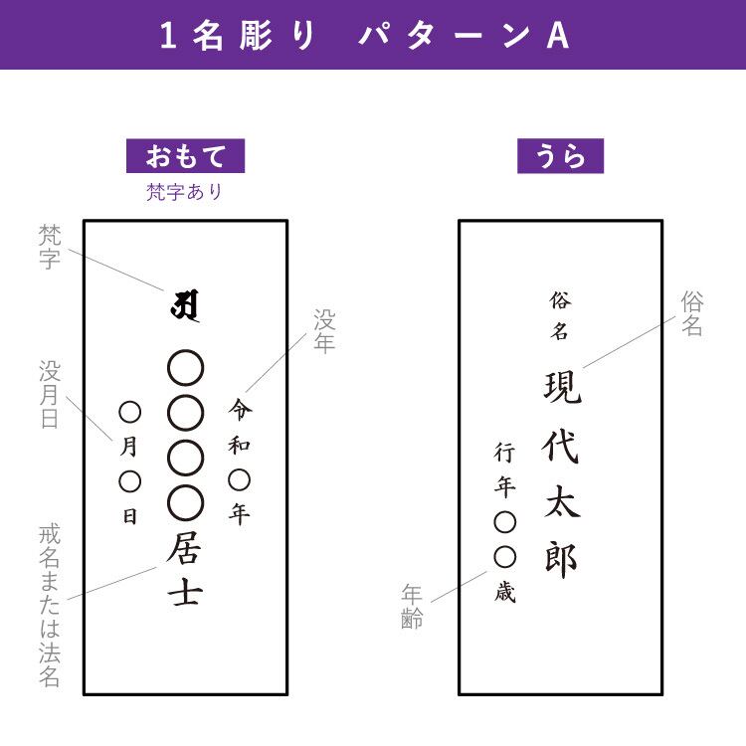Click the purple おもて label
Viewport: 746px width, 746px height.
185,156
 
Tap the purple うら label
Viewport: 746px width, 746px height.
560,156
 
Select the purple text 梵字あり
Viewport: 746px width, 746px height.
185,192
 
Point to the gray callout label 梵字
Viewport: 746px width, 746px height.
50,247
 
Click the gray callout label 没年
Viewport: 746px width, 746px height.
325,332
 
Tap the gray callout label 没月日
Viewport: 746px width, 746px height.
50,395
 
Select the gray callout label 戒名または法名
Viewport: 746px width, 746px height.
50,606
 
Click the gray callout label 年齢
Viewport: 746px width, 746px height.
413,606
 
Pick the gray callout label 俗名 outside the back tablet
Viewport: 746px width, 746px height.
692,313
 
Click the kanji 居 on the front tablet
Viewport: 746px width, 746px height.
185,548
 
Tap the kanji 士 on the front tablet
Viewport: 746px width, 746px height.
185,593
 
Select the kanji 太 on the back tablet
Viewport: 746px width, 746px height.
561,503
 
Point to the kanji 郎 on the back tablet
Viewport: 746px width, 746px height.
561,560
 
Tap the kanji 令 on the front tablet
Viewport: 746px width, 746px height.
240,409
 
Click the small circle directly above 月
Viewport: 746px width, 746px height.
130,412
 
